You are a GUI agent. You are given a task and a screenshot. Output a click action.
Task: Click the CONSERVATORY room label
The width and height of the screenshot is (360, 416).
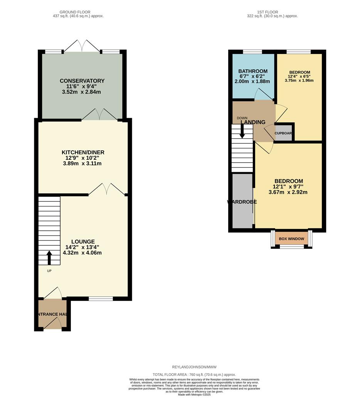[82, 81]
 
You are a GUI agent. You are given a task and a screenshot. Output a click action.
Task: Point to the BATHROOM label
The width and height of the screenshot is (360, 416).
[252, 71]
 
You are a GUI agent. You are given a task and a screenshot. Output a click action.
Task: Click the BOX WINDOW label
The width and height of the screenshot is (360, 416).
[291, 239]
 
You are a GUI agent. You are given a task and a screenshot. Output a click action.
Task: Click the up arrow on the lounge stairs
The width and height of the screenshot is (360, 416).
[49, 258]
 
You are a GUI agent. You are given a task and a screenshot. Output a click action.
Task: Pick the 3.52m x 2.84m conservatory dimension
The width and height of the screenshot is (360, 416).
[82, 92]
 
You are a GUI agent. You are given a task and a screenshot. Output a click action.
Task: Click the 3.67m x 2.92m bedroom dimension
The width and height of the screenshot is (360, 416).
[288, 192]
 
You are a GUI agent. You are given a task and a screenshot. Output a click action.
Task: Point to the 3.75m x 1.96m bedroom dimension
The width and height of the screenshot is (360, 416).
[299, 81]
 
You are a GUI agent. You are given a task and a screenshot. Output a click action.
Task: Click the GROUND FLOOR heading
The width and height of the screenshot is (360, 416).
[78, 12]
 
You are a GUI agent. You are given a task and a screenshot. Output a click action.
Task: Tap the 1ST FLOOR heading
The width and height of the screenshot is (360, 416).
[272, 12]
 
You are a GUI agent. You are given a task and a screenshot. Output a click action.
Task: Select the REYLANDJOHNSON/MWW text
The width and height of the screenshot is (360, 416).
[194, 367]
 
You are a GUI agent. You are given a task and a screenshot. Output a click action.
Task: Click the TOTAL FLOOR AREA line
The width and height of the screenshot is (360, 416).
[194, 374]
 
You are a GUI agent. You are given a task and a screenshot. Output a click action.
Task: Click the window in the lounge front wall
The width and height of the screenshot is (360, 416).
[101, 299]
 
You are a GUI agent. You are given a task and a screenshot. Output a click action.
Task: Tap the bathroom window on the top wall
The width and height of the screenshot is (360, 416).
[252, 52]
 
